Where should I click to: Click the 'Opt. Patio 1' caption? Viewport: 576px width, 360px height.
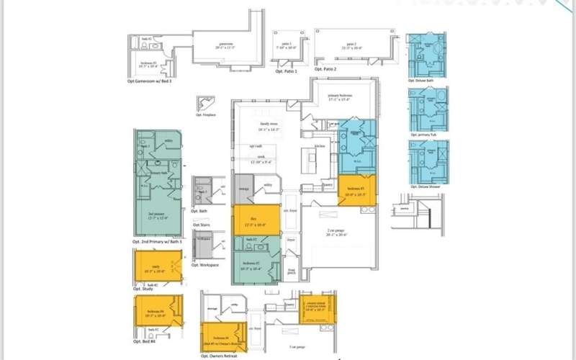[x=287, y=69]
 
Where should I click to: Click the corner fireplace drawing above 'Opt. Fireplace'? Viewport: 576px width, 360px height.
[x=205, y=104]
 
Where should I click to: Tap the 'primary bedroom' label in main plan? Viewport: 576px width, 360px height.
[x=338, y=97]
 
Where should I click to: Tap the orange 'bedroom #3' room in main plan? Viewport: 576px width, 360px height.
[x=355, y=191]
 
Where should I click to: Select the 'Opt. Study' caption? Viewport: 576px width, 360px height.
[x=143, y=289]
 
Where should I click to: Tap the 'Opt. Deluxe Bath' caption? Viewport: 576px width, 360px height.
[x=425, y=81]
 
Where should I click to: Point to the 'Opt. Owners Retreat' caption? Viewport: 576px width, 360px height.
[x=220, y=356]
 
